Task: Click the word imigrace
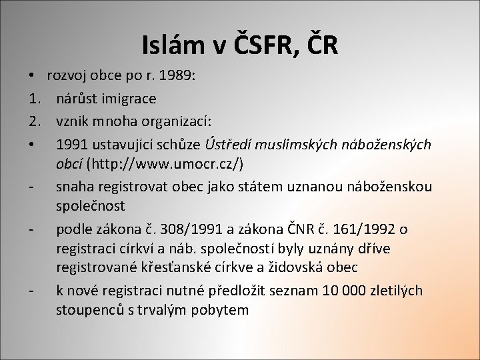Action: click(x=130, y=99)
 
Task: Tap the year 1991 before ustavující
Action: click(x=71, y=145)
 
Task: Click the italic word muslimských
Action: click(x=296, y=145)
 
